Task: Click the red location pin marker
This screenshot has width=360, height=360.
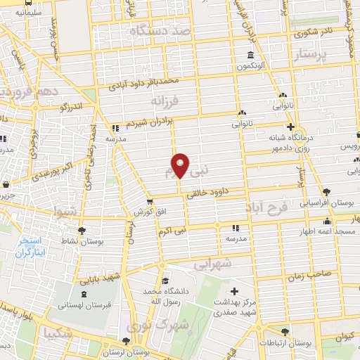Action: coord(181,165)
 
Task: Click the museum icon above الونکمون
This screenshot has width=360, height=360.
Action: coord(250,56)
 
